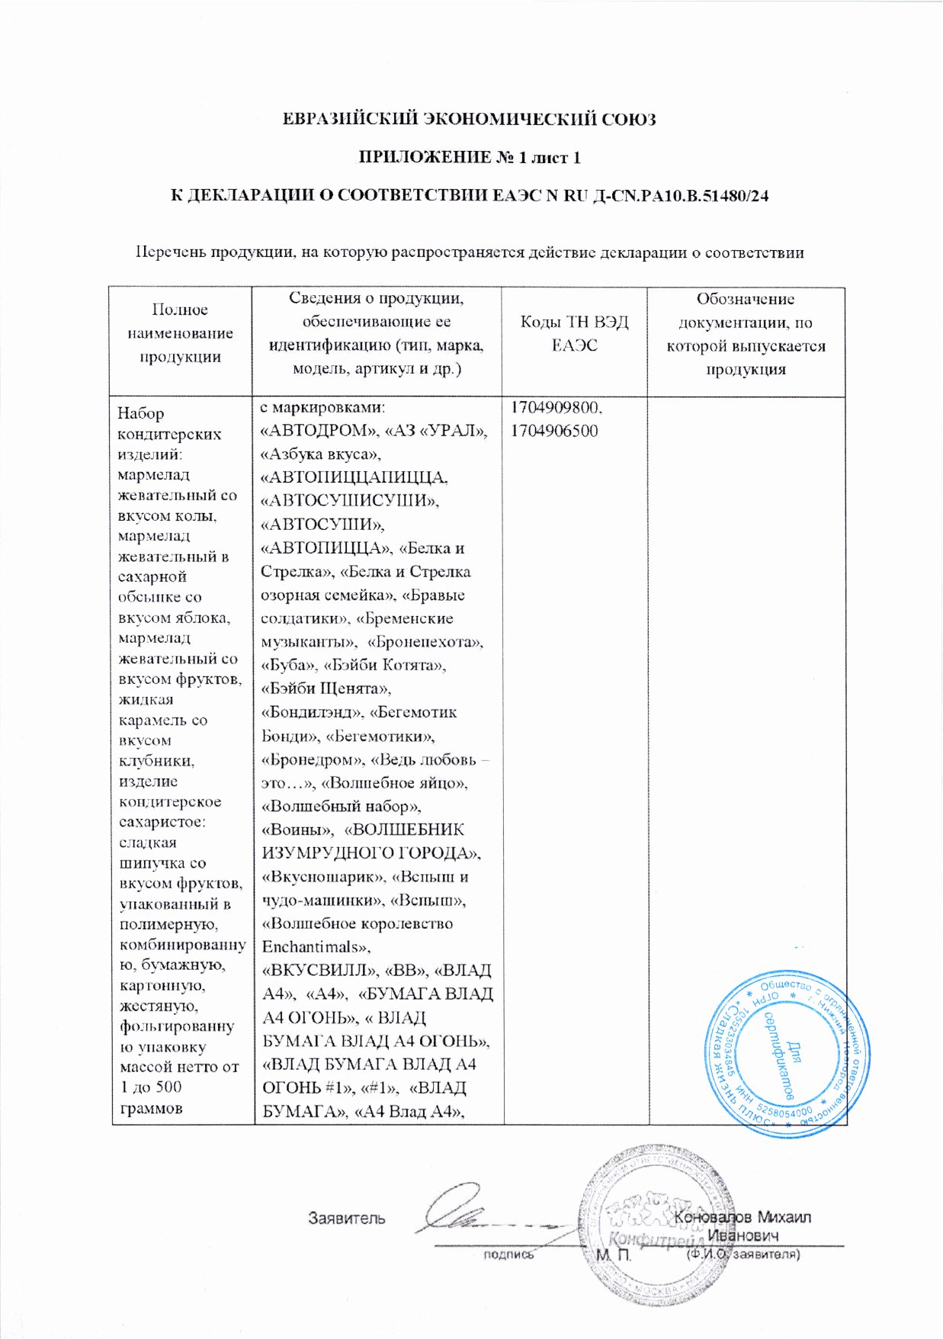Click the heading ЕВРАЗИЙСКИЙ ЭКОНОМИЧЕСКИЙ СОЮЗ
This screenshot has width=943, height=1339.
pos(469,119)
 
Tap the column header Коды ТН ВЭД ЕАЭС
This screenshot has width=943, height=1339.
pos(574,334)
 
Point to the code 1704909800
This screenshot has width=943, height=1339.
pos(555,407)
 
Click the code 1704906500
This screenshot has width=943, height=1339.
pos(553,431)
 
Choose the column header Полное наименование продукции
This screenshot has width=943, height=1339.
pos(180,333)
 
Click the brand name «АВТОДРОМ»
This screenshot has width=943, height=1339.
pos(314,431)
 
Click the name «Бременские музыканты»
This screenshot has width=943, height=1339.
pos(358,630)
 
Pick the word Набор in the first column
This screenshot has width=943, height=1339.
pos(140,413)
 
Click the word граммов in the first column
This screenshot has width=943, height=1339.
pos(151,1108)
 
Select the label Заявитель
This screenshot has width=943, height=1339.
pos(346,1218)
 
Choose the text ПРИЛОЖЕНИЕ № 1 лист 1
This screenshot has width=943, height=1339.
pos(470,158)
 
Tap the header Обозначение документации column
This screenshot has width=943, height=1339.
pos(745,334)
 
